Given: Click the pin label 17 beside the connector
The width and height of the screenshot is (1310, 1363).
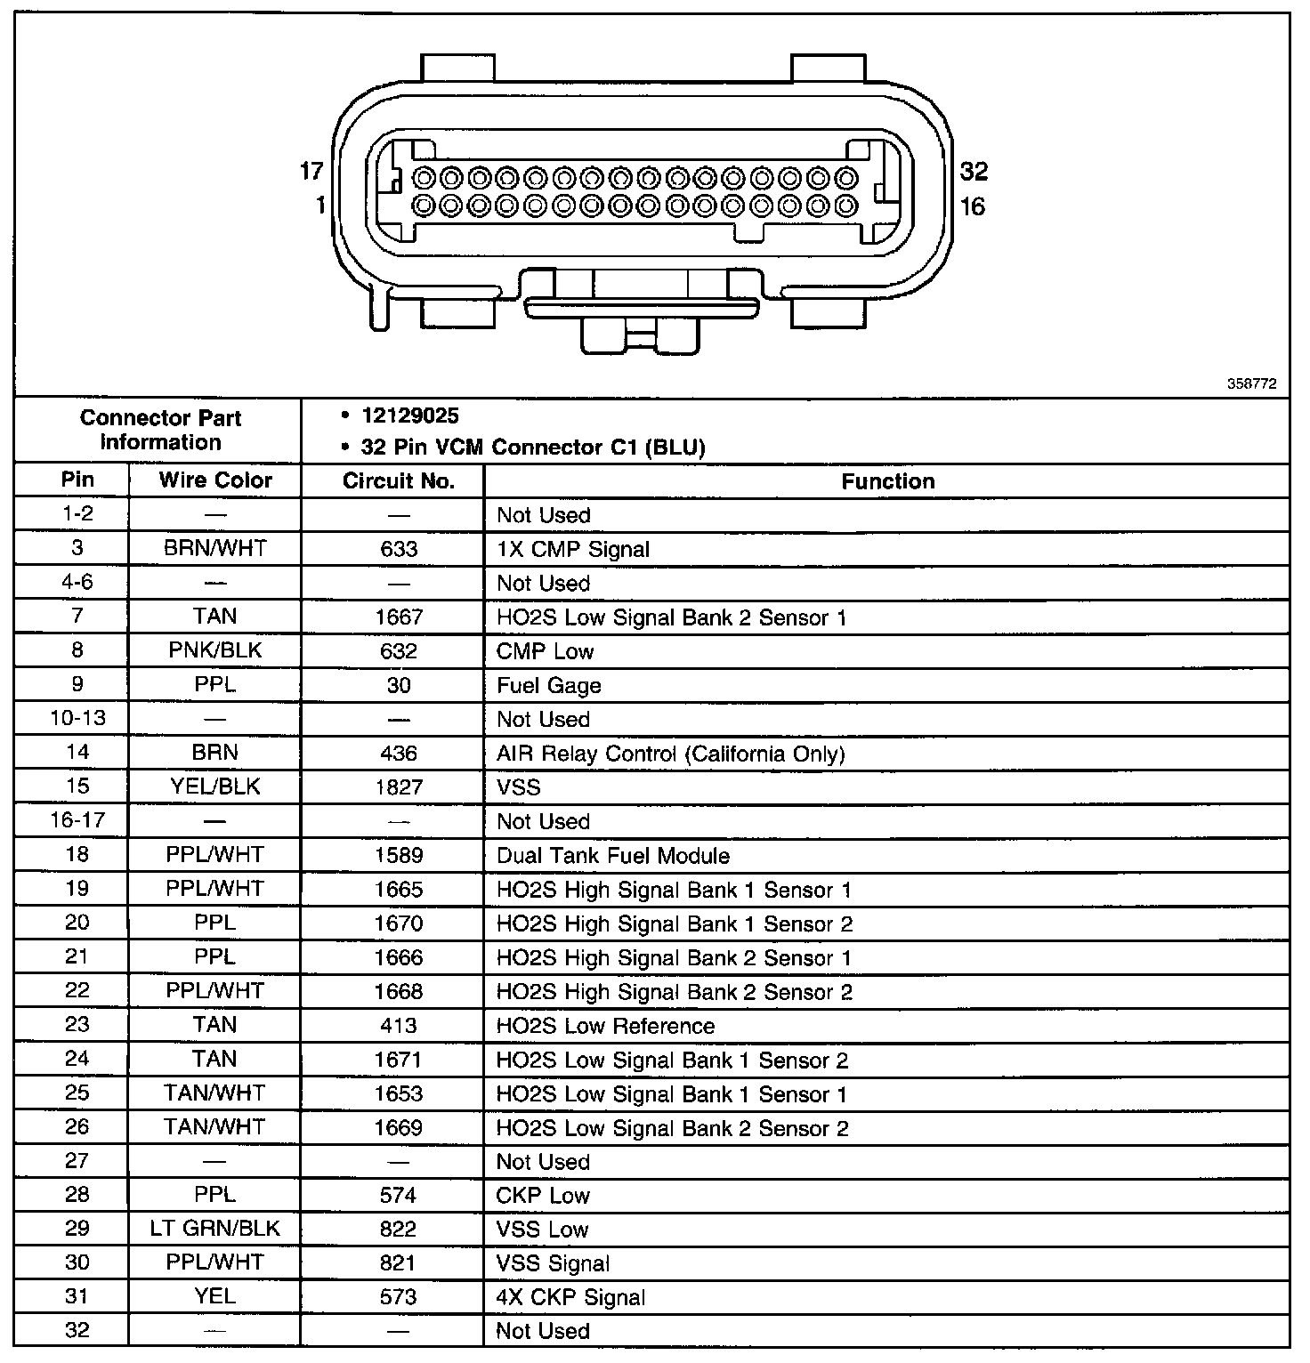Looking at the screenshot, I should pos(311,171).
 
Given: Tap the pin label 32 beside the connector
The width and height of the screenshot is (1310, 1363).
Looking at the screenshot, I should pos(974,171).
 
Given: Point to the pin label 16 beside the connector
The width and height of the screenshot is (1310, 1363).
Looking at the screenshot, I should pos(972,206).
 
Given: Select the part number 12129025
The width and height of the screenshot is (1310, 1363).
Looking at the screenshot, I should pos(411,416).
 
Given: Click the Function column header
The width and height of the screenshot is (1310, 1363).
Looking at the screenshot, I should pos(887,481).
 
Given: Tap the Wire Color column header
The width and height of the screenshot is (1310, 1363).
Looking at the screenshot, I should pos(215,480).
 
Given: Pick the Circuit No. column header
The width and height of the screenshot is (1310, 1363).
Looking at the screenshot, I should pos(399,481).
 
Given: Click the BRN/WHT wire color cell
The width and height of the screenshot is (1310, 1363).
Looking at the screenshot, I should pos(215,548).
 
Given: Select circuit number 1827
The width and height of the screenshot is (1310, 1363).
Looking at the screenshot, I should pos(399,787).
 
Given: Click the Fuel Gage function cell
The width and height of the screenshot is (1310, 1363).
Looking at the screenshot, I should pos(548,685).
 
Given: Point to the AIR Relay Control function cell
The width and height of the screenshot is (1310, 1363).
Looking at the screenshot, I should pos(670,754).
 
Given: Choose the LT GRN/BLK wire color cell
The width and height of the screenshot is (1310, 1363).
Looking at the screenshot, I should pos(215,1229).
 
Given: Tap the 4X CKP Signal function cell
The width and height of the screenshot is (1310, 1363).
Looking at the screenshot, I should pos(570,1297).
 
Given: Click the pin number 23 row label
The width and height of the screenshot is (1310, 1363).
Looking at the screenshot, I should pos(77,1024).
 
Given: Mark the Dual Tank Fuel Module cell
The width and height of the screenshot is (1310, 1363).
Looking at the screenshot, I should pos(613,856).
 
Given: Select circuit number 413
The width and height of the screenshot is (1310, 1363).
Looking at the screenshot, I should pos(399,1025).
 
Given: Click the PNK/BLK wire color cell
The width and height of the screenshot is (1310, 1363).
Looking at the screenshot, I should pos(215,650).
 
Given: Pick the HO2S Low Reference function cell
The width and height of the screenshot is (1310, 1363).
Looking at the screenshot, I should pos(605,1026).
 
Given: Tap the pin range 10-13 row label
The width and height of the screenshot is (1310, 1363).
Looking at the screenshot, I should pos(77,718).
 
